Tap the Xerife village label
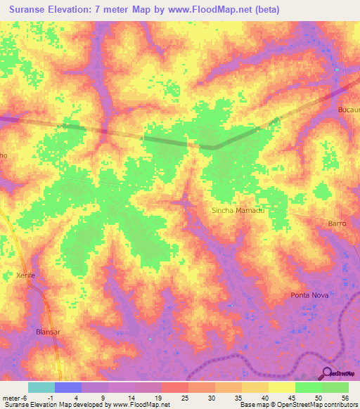[25, 276]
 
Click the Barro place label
[337, 223]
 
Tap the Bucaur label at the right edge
[348, 112]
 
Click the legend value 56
[345, 398]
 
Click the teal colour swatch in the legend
[41, 387]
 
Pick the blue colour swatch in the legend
[67, 387]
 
